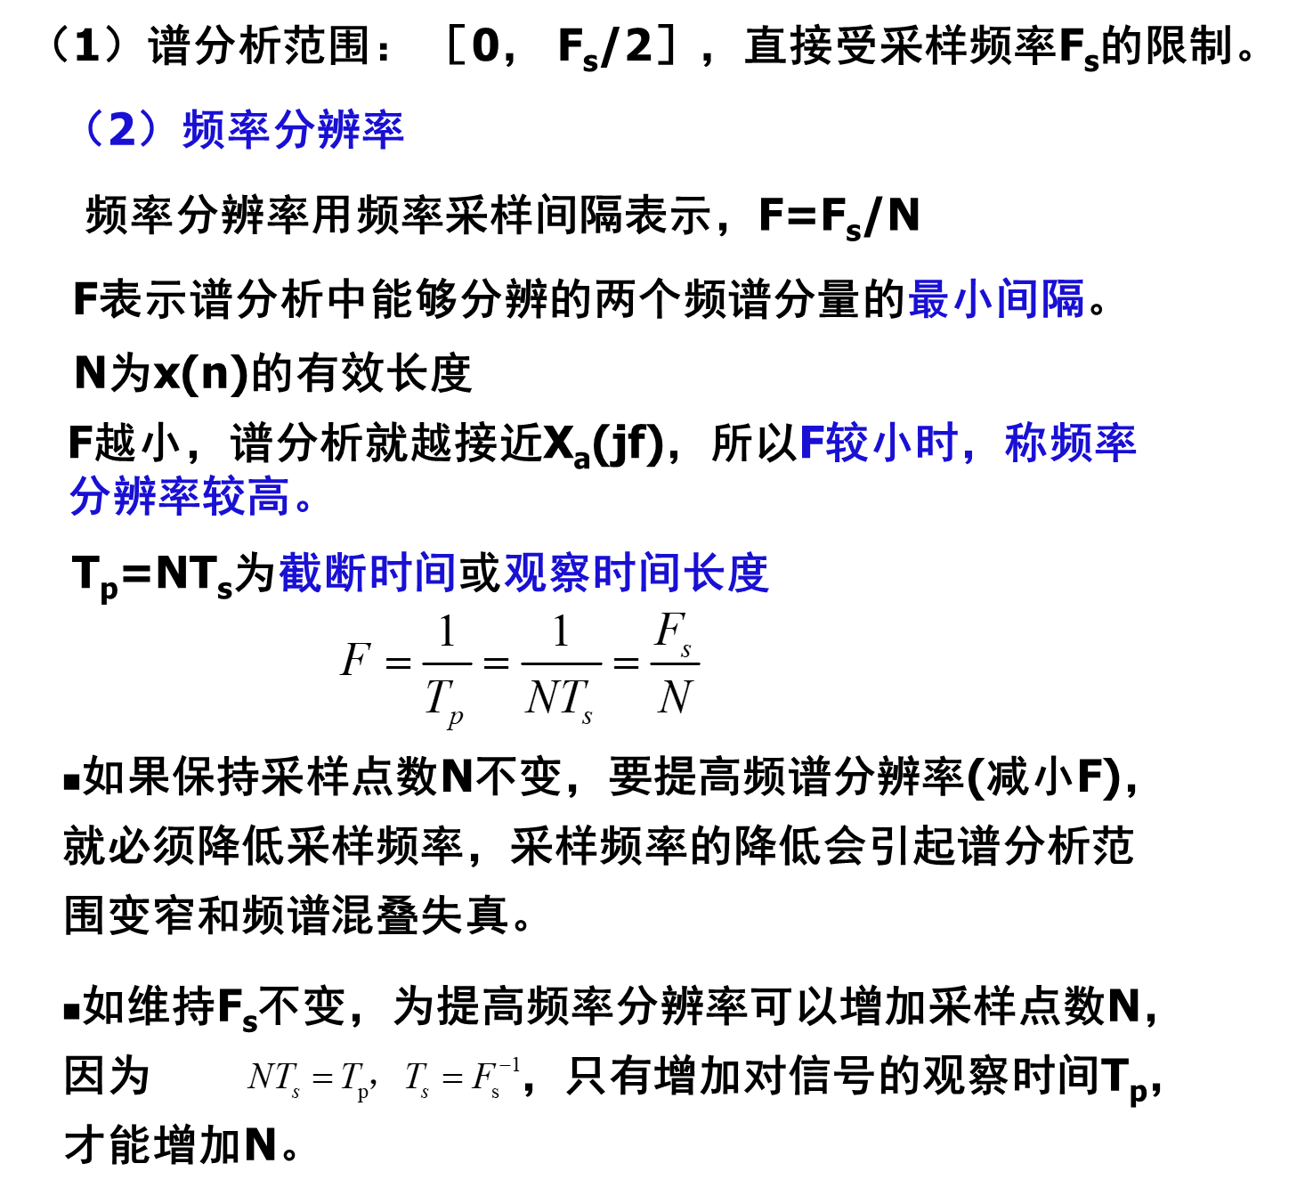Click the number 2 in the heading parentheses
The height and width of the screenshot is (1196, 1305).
[x=123, y=130]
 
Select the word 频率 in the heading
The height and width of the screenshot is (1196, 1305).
[x=226, y=130]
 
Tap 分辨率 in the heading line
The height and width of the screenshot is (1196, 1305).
[x=338, y=130]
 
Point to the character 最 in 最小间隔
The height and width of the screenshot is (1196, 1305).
[x=928, y=299]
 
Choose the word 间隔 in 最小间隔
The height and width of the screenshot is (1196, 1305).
[x=1040, y=299]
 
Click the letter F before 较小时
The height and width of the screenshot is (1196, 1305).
[x=811, y=443]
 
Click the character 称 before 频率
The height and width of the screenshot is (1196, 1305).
[x=1025, y=443]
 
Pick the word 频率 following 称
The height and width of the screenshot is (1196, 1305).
[x=1093, y=443]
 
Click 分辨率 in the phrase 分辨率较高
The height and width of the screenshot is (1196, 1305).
[x=135, y=496]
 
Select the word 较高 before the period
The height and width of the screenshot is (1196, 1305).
[x=247, y=496]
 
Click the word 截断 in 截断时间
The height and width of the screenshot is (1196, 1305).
[x=323, y=573]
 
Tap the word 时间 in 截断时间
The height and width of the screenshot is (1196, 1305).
[x=412, y=573]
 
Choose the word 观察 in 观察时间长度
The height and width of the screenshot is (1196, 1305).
[x=547, y=573]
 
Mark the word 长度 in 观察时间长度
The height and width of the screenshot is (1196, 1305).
[x=725, y=573]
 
